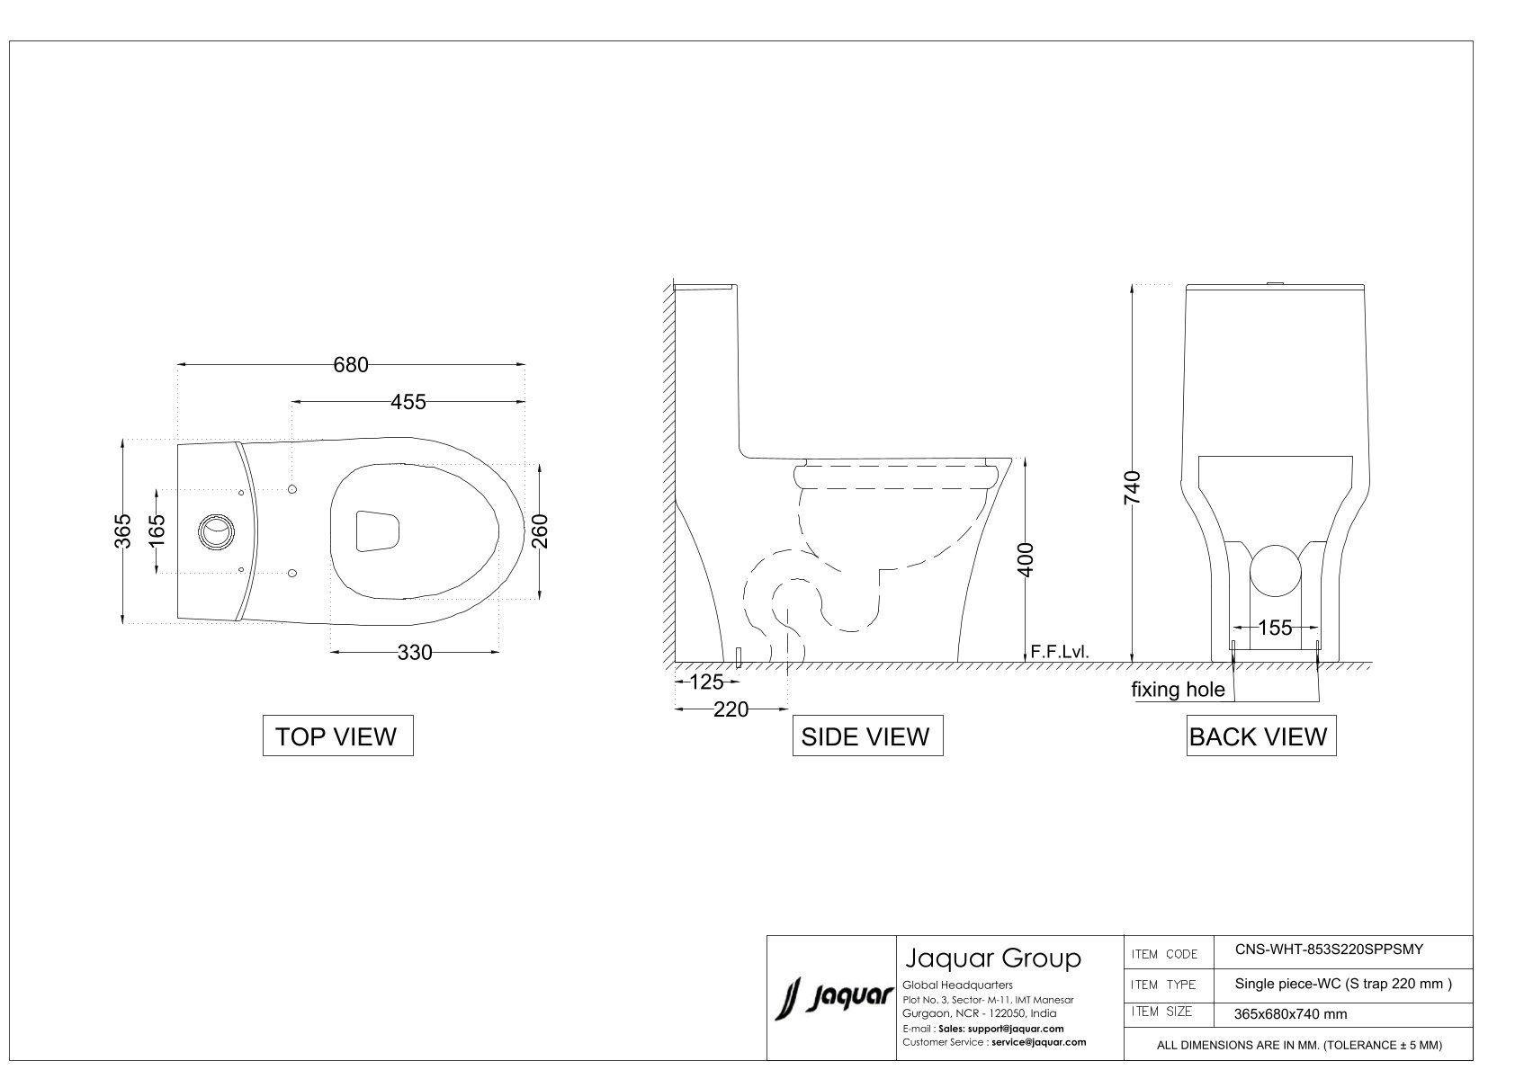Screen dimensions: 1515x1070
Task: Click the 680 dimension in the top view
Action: (351, 365)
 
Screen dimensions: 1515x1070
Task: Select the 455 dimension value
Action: (408, 402)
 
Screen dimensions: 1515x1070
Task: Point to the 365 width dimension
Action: (122, 531)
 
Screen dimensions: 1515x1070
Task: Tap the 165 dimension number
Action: (157, 531)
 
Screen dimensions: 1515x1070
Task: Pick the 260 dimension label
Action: (540, 531)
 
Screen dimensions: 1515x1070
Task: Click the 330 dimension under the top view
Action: (415, 652)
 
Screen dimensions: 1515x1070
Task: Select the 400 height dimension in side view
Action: (1026, 559)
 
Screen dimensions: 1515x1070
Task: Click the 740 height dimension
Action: (1132, 487)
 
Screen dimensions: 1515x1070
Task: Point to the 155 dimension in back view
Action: (1275, 628)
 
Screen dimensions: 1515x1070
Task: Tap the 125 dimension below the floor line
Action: (707, 682)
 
